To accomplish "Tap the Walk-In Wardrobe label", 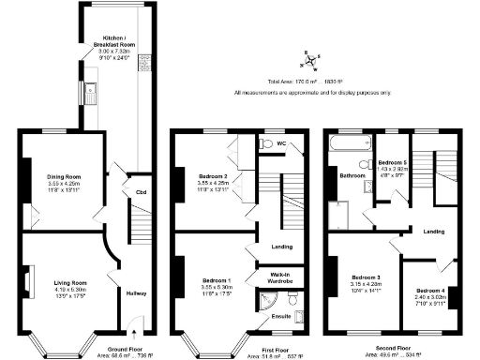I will coord(280,276).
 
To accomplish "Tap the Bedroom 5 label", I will coord(391,162).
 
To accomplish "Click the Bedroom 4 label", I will coord(427,291).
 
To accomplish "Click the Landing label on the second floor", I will coord(432,231).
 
